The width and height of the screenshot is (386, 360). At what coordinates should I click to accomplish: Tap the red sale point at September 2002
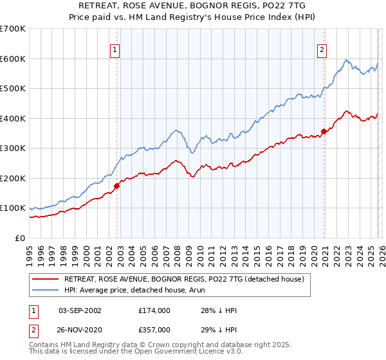(117, 186)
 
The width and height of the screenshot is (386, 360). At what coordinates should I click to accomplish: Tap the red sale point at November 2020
(324, 131)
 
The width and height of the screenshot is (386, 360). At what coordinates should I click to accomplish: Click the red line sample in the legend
(46, 279)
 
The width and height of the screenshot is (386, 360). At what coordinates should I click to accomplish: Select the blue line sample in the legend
(46, 290)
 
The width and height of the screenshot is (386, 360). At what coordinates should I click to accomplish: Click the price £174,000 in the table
(154, 310)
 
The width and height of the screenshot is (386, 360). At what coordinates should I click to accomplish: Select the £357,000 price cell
(154, 329)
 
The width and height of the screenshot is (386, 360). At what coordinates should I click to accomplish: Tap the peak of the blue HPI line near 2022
(346, 60)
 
